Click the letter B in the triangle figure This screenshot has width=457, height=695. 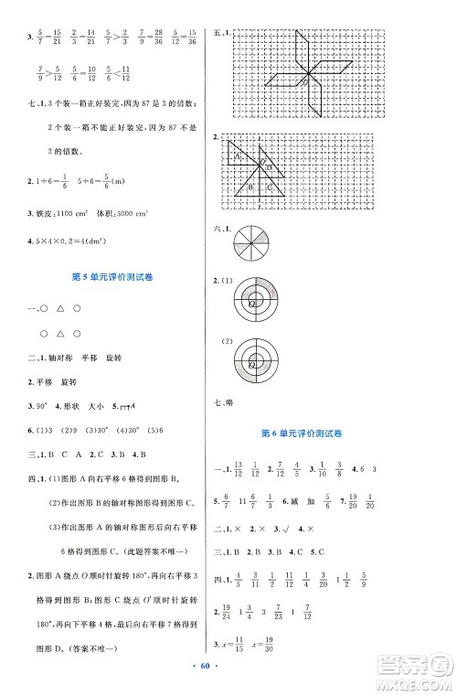(x=250, y=189)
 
